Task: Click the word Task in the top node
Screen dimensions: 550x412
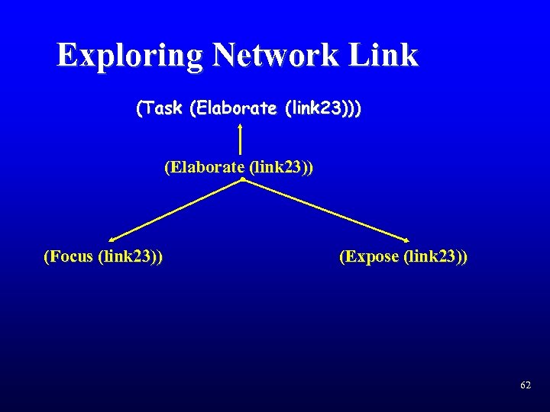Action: click(162, 108)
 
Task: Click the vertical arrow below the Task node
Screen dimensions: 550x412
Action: click(241, 141)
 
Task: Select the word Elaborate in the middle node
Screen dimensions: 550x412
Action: click(205, 166)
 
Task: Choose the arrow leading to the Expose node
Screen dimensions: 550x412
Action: click(325, 210)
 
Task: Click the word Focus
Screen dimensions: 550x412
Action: click(70, 256)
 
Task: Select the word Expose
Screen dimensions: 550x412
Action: click(372, 256)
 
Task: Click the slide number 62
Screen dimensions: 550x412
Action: click(525, 386)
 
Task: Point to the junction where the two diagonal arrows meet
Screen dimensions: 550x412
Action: click(241, 179)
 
